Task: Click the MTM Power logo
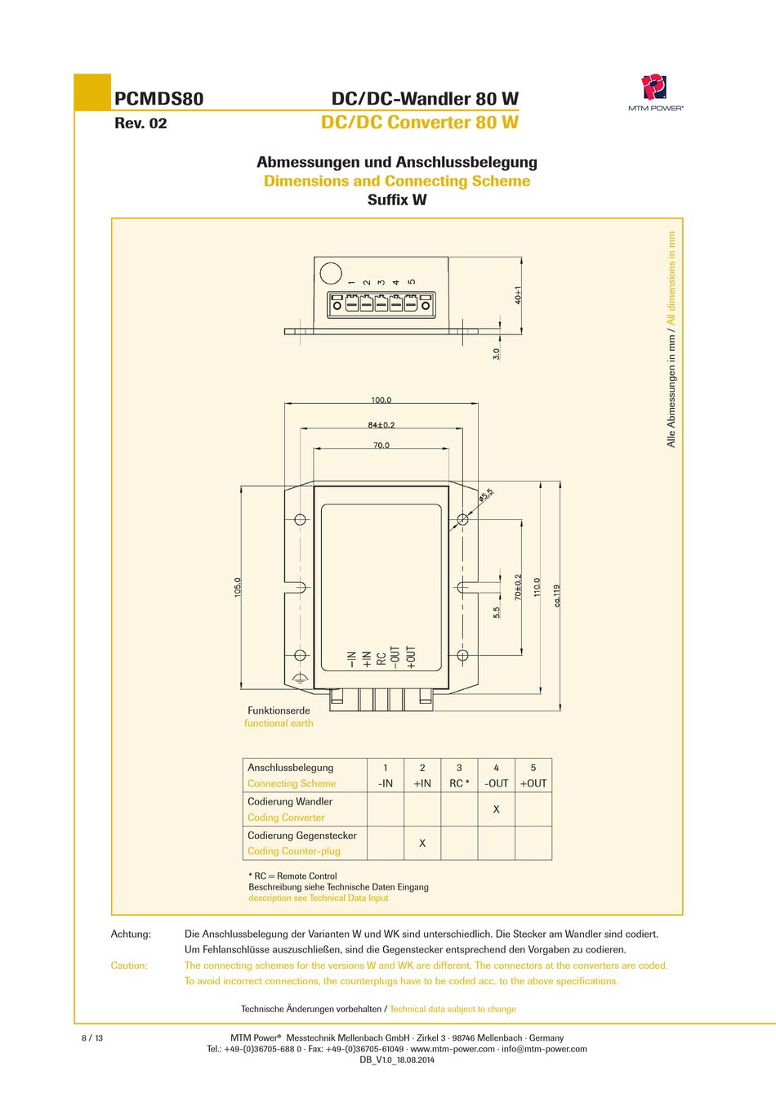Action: (654, 88)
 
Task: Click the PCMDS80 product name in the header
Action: (158, 99)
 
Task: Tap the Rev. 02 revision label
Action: (140, 123)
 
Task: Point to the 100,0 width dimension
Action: (381, 400)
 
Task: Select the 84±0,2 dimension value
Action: (381, 424)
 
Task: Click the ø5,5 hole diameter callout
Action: (486, 495)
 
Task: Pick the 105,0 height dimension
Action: (238, 587)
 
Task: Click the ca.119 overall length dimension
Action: (557, 595)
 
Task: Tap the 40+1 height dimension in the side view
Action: (518, 294)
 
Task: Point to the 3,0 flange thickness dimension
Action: (496, 353)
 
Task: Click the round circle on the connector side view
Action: (330, 273)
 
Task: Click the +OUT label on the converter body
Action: (412, 657)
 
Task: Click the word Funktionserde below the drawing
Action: (279, 710)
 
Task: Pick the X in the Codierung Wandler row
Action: (496, 809)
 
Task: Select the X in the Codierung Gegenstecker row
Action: (422, 843)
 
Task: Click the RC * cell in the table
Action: (459, 783)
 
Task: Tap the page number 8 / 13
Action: (92, 1038)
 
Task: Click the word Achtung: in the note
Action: (131, 934)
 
